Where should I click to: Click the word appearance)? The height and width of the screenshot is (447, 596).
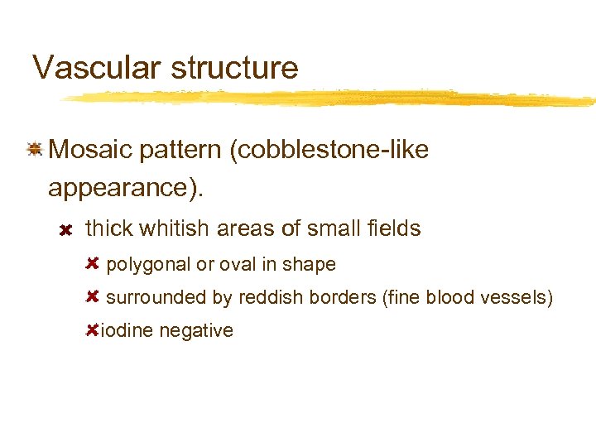[124, 189]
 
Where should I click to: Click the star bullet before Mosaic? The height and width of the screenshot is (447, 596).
[34, 150]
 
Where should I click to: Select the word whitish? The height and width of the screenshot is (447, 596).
[180, 228]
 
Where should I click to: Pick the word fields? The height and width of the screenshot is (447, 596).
[392, 228]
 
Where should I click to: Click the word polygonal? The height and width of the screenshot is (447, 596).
[147, 265]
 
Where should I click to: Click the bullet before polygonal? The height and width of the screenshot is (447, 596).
[93, 263]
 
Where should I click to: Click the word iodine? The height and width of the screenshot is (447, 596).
[126, 331]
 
